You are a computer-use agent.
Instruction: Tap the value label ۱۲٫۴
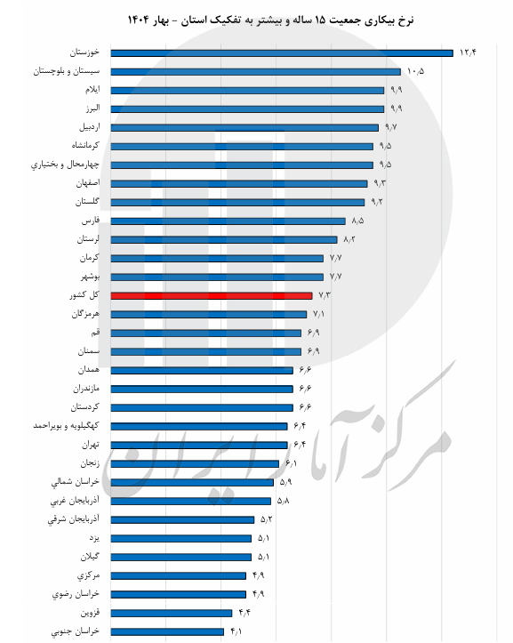tap(469, 52)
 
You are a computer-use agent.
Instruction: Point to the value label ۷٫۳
tap(324, 295)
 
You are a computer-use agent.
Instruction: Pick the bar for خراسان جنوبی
tap(168, 631)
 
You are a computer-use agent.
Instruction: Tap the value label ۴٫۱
tap(236, 631)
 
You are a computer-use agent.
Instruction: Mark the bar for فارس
tap(228, 221)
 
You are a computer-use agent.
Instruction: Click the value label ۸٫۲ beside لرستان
tap(349, 239)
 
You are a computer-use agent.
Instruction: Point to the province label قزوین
tap(88, 613)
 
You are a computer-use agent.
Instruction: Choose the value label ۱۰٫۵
tap(415, 71)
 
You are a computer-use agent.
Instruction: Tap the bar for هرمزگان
tap(209, 314)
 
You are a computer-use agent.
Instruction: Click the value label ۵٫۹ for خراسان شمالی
tap(285, 482)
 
